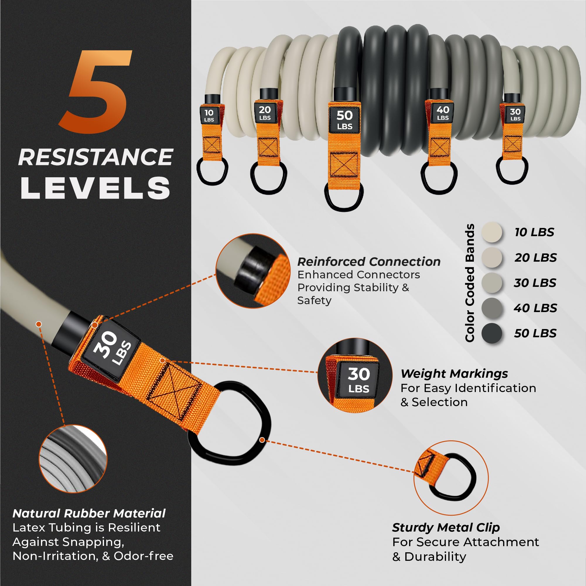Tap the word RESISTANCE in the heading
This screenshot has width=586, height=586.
click(x=95, y=157)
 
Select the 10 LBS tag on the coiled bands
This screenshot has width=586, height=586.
click(x=209, y=115)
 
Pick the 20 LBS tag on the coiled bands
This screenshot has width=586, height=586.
click(x=265, y=113)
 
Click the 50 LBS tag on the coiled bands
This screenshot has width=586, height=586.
click(x=345, y=120)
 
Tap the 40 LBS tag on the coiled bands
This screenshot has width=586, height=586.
click(x=443, y=113)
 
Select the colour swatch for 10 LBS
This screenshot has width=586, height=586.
click(x=492, y=232)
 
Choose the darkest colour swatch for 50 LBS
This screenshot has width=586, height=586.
click(x=492, y=333)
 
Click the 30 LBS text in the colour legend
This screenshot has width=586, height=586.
click(x=535, y=282)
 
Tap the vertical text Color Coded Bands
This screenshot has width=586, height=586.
click(x=469, y=283)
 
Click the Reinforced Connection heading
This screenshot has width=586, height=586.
click(x=368, y=262)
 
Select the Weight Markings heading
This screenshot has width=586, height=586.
click(x=454, y=373)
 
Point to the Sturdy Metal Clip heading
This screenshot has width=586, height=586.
click(x=445, y=527)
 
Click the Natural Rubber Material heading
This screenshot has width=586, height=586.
click(x=89, y=513)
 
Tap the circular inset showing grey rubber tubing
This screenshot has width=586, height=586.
click(x=73, y=459)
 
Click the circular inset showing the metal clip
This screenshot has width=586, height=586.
click(x=451, y=478)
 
